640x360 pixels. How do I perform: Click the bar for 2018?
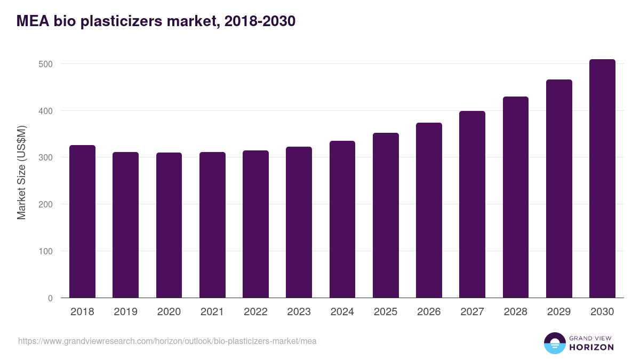82,221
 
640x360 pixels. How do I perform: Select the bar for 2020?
169,225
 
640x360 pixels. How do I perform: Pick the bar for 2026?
429,210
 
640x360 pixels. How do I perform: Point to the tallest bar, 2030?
602,179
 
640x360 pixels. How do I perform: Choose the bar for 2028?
516,197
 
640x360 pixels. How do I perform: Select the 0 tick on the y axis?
50,298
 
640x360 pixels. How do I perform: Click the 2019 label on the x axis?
125,312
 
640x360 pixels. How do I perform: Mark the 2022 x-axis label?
255,312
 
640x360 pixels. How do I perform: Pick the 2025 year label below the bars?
386,312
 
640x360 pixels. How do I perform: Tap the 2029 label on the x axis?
559,312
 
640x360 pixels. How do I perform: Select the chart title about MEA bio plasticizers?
156,21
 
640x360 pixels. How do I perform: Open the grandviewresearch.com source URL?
167,341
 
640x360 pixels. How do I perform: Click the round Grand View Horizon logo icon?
554,343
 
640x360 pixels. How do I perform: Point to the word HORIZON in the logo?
591,347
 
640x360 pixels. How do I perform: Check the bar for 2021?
212,225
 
